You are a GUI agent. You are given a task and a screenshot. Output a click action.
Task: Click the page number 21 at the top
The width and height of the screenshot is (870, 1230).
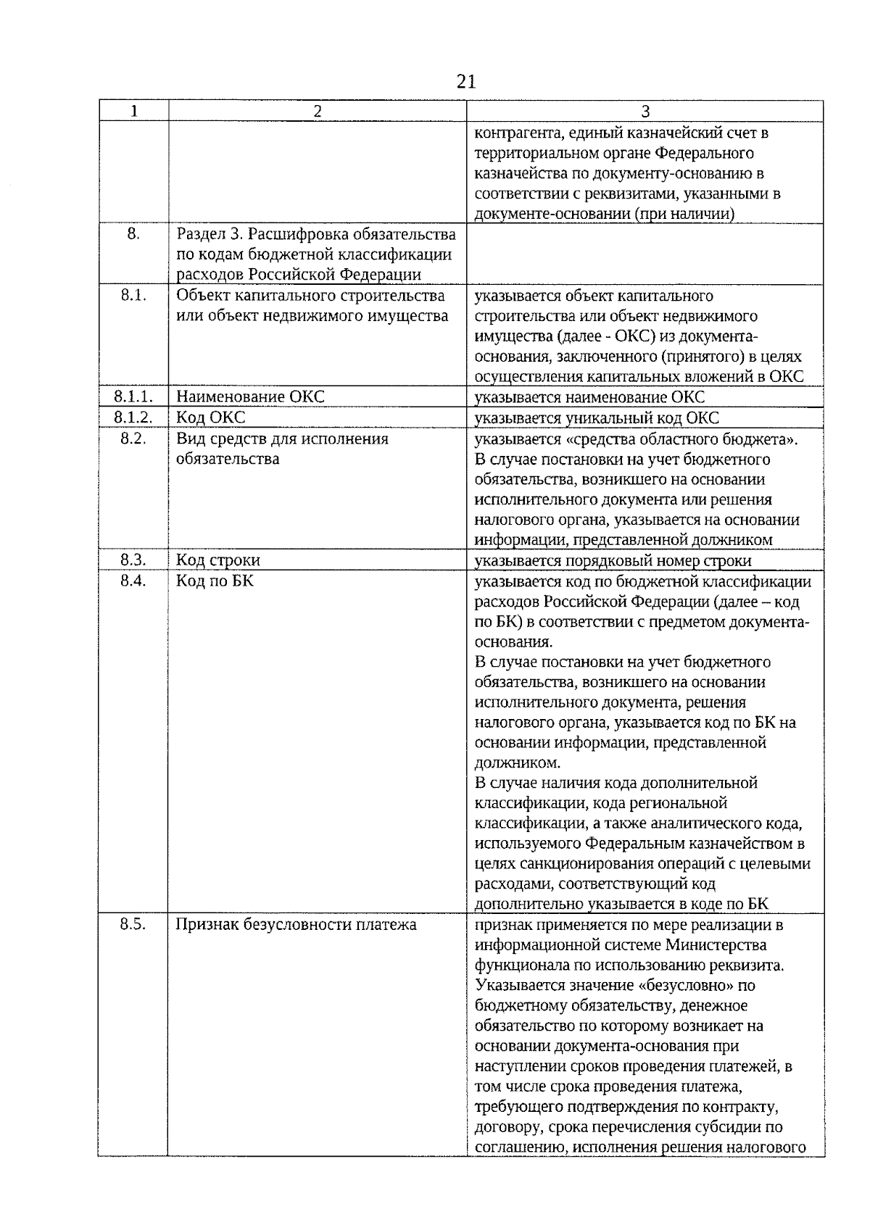466,81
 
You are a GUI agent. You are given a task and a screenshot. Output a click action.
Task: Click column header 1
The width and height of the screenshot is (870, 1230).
134,111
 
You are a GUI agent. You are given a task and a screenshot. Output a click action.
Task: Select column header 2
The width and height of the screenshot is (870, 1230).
317,111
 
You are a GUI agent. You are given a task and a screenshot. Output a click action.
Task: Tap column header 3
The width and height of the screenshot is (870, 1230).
645,111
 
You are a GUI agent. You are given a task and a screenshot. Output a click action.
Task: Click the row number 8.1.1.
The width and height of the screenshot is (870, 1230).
133,396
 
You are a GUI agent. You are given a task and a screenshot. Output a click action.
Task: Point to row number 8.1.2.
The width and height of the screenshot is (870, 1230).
133,417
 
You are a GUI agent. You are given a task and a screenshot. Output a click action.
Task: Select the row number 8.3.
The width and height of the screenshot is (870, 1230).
133,560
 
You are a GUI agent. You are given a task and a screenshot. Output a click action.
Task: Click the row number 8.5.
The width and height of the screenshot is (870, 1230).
133,925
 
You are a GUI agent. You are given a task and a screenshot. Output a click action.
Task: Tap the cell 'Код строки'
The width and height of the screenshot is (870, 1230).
218,560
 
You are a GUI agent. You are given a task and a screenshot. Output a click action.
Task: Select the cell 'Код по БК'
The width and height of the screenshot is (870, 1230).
215,581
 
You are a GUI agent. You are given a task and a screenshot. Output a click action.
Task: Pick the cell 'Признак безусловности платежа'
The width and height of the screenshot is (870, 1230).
297,925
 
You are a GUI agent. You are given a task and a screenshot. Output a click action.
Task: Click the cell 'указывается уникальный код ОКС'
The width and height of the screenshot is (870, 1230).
597,418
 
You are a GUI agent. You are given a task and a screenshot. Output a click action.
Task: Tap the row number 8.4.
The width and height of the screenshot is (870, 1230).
133,581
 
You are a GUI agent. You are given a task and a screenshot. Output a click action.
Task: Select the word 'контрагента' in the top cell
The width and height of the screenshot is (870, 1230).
517,133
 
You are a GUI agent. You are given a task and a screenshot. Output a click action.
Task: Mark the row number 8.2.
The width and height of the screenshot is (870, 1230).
133,439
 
